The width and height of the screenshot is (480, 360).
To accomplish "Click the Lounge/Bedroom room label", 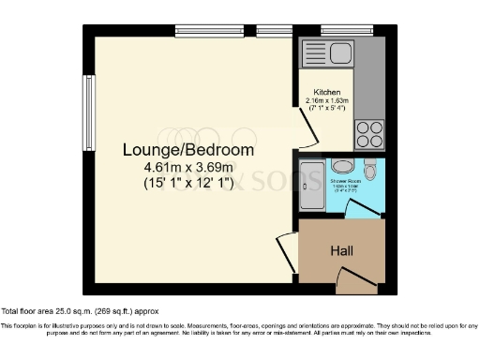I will tap(188, 149).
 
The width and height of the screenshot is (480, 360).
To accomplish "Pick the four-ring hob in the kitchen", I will tap(367, 130).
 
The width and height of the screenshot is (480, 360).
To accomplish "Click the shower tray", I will tap(309, 184).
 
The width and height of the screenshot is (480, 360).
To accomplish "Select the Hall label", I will tap(340, 251).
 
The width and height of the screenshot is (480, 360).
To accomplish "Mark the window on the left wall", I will tap(89, 103).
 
